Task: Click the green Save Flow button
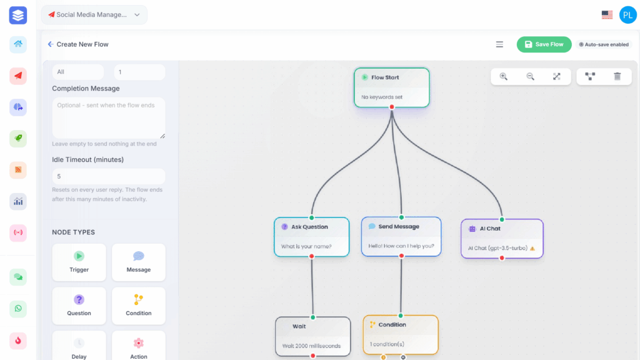[544, 44]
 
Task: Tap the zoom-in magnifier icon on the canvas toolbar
[504, 76]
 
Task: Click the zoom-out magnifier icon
[530, 76]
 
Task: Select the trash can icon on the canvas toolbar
[617, 76]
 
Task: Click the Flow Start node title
[385, 77]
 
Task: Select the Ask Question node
[312, 237]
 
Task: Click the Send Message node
[401, 236]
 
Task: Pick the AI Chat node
[502, 239]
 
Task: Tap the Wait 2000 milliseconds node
[312, 336]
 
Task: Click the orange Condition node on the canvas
[401, 335]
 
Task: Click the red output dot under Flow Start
[392, 107]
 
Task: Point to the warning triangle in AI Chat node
[532, 248]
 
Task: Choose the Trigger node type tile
[79, 262]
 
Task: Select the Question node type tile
[79, 306]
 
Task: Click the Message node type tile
[139, 262]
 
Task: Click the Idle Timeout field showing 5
[109, 176]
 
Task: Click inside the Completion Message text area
[109, 118]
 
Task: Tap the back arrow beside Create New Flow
[51, 44]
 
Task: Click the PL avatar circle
[627, 15]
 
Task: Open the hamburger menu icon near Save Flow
[499, 44]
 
